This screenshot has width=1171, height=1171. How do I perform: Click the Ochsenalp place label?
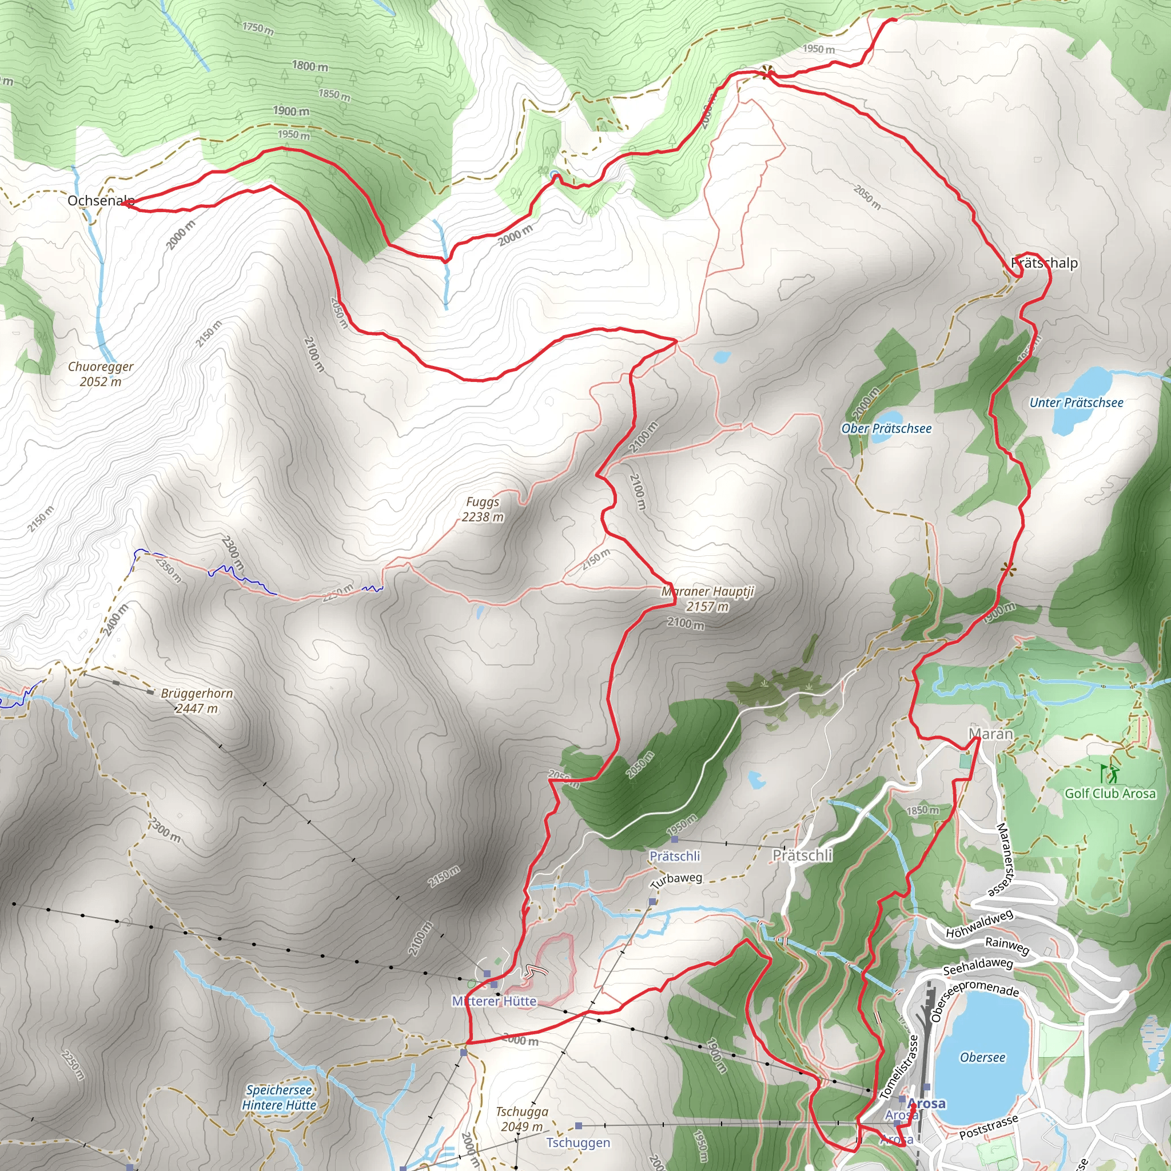pyautogui.click(x=101, y=201)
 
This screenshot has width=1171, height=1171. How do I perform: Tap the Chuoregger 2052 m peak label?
pyautogui.click(x=101, y=374)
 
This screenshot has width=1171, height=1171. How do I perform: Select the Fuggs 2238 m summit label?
pyautogui.click(x=483, y=509)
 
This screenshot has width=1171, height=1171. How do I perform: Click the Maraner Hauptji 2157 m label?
pyautogui.click(x=707, y=599)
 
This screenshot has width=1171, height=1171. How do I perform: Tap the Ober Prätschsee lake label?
pyautogui.click(x=886, y=428)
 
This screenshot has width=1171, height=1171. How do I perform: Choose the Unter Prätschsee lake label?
pyautogui.click(x=1076, y=403)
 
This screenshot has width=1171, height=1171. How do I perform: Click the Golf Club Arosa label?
pyautogui.click(x=1110, y=794)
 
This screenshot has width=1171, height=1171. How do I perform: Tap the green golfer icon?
pyautogui.click(x=1109, y=774)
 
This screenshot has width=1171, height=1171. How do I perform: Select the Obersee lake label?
pyautogui.click(x=982, y=1058)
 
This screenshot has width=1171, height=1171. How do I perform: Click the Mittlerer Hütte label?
pyautogui.click(x=494, y=1001)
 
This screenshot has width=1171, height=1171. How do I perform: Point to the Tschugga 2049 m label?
pyautogui.click(x=522, y=1119)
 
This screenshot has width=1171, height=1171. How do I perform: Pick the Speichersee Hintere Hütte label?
pyautogui.click(x=279, y=1098)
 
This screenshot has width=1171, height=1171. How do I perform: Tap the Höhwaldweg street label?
pyautogui.click(x=979, y=925)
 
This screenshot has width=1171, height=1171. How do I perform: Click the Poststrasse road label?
pyautogui.click(x=989, y=1128)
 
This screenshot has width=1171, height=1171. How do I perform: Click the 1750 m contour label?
pyautogui.click(x=258, y=28)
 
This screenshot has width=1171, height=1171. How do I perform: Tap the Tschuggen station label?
pyautogui.click(x=578, y=1142)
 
